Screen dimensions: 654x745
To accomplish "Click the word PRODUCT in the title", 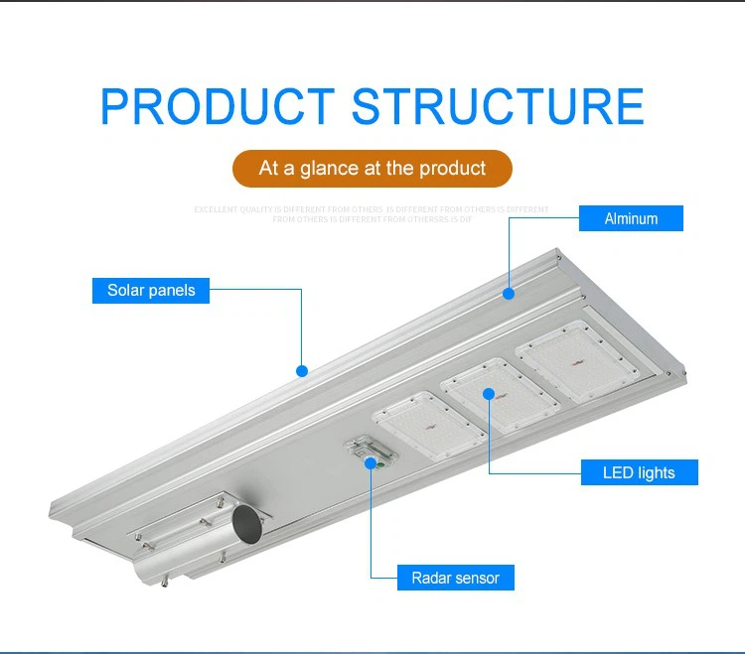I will tap(218, 107).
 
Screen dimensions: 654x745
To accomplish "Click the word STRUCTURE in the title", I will tap(498, 107).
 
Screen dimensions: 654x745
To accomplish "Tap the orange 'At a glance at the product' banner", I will tap(372, 169).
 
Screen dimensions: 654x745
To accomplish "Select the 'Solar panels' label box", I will tap(151, 291).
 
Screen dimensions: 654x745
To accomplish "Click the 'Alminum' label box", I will tap(631, 218).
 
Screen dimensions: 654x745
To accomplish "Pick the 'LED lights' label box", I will tap(639, 473).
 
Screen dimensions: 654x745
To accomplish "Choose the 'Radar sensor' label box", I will tap(456, 578).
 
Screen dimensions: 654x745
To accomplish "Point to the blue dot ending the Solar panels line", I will tap(302, 371).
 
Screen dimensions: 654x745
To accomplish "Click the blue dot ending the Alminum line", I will tap(509, 293).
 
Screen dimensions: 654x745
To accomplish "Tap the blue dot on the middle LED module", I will tap(489, 393).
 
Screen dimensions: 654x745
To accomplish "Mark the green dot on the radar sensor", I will tap(372, 461).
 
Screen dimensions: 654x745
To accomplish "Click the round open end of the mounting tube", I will tap(247, 524).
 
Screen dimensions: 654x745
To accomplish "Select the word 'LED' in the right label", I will tap(619, 473).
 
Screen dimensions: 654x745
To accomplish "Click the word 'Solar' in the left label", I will tap(126, 291).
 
